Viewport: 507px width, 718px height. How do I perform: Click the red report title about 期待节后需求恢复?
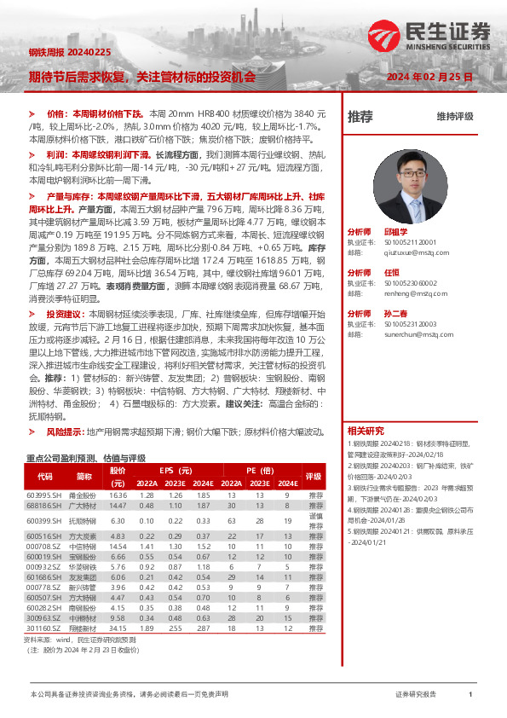pyautogui.click(x=141, y=76)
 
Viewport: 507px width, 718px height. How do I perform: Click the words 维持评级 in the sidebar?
pyautogui.click(x=454, y=117)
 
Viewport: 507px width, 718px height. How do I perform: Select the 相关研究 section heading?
pyautogui.click(x=366, y=430)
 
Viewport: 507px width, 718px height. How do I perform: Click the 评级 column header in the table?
pyautogui.click(x=314, y=477)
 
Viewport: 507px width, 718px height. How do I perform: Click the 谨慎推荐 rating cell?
pyautogui.click(x=314, y=520)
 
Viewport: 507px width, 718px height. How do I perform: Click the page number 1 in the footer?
pyautogui.click(x=470, y=695)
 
